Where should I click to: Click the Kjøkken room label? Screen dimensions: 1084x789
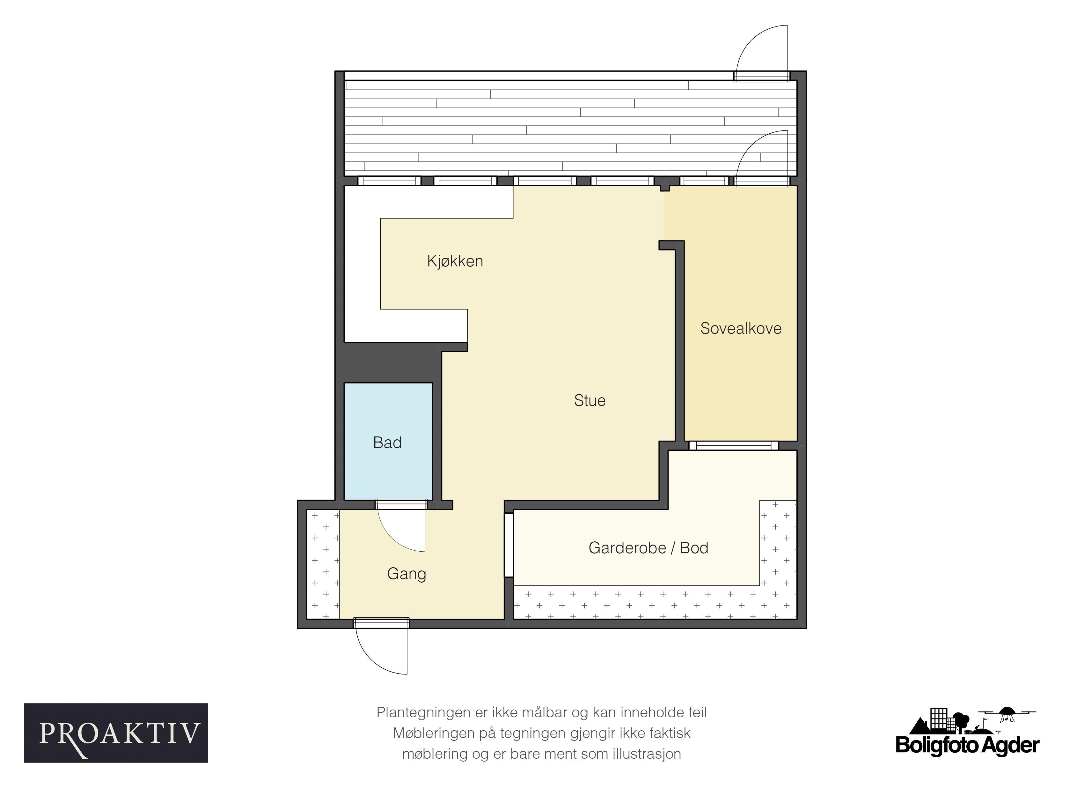coord(455,261)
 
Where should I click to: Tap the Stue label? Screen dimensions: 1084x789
coord(590,400)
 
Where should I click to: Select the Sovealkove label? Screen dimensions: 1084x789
coord(741,328)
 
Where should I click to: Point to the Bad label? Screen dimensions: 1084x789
coord(387,442)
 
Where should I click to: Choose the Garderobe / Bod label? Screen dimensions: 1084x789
coord(648,547)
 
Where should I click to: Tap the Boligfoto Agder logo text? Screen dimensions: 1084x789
coord(967,745)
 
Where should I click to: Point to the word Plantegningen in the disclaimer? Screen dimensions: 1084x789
coord(424,712)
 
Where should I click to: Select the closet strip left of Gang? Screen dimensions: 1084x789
coord(323,564)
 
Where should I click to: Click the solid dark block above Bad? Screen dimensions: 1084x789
coord(388,363)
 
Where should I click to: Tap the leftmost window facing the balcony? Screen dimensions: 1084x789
coord(390,181)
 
